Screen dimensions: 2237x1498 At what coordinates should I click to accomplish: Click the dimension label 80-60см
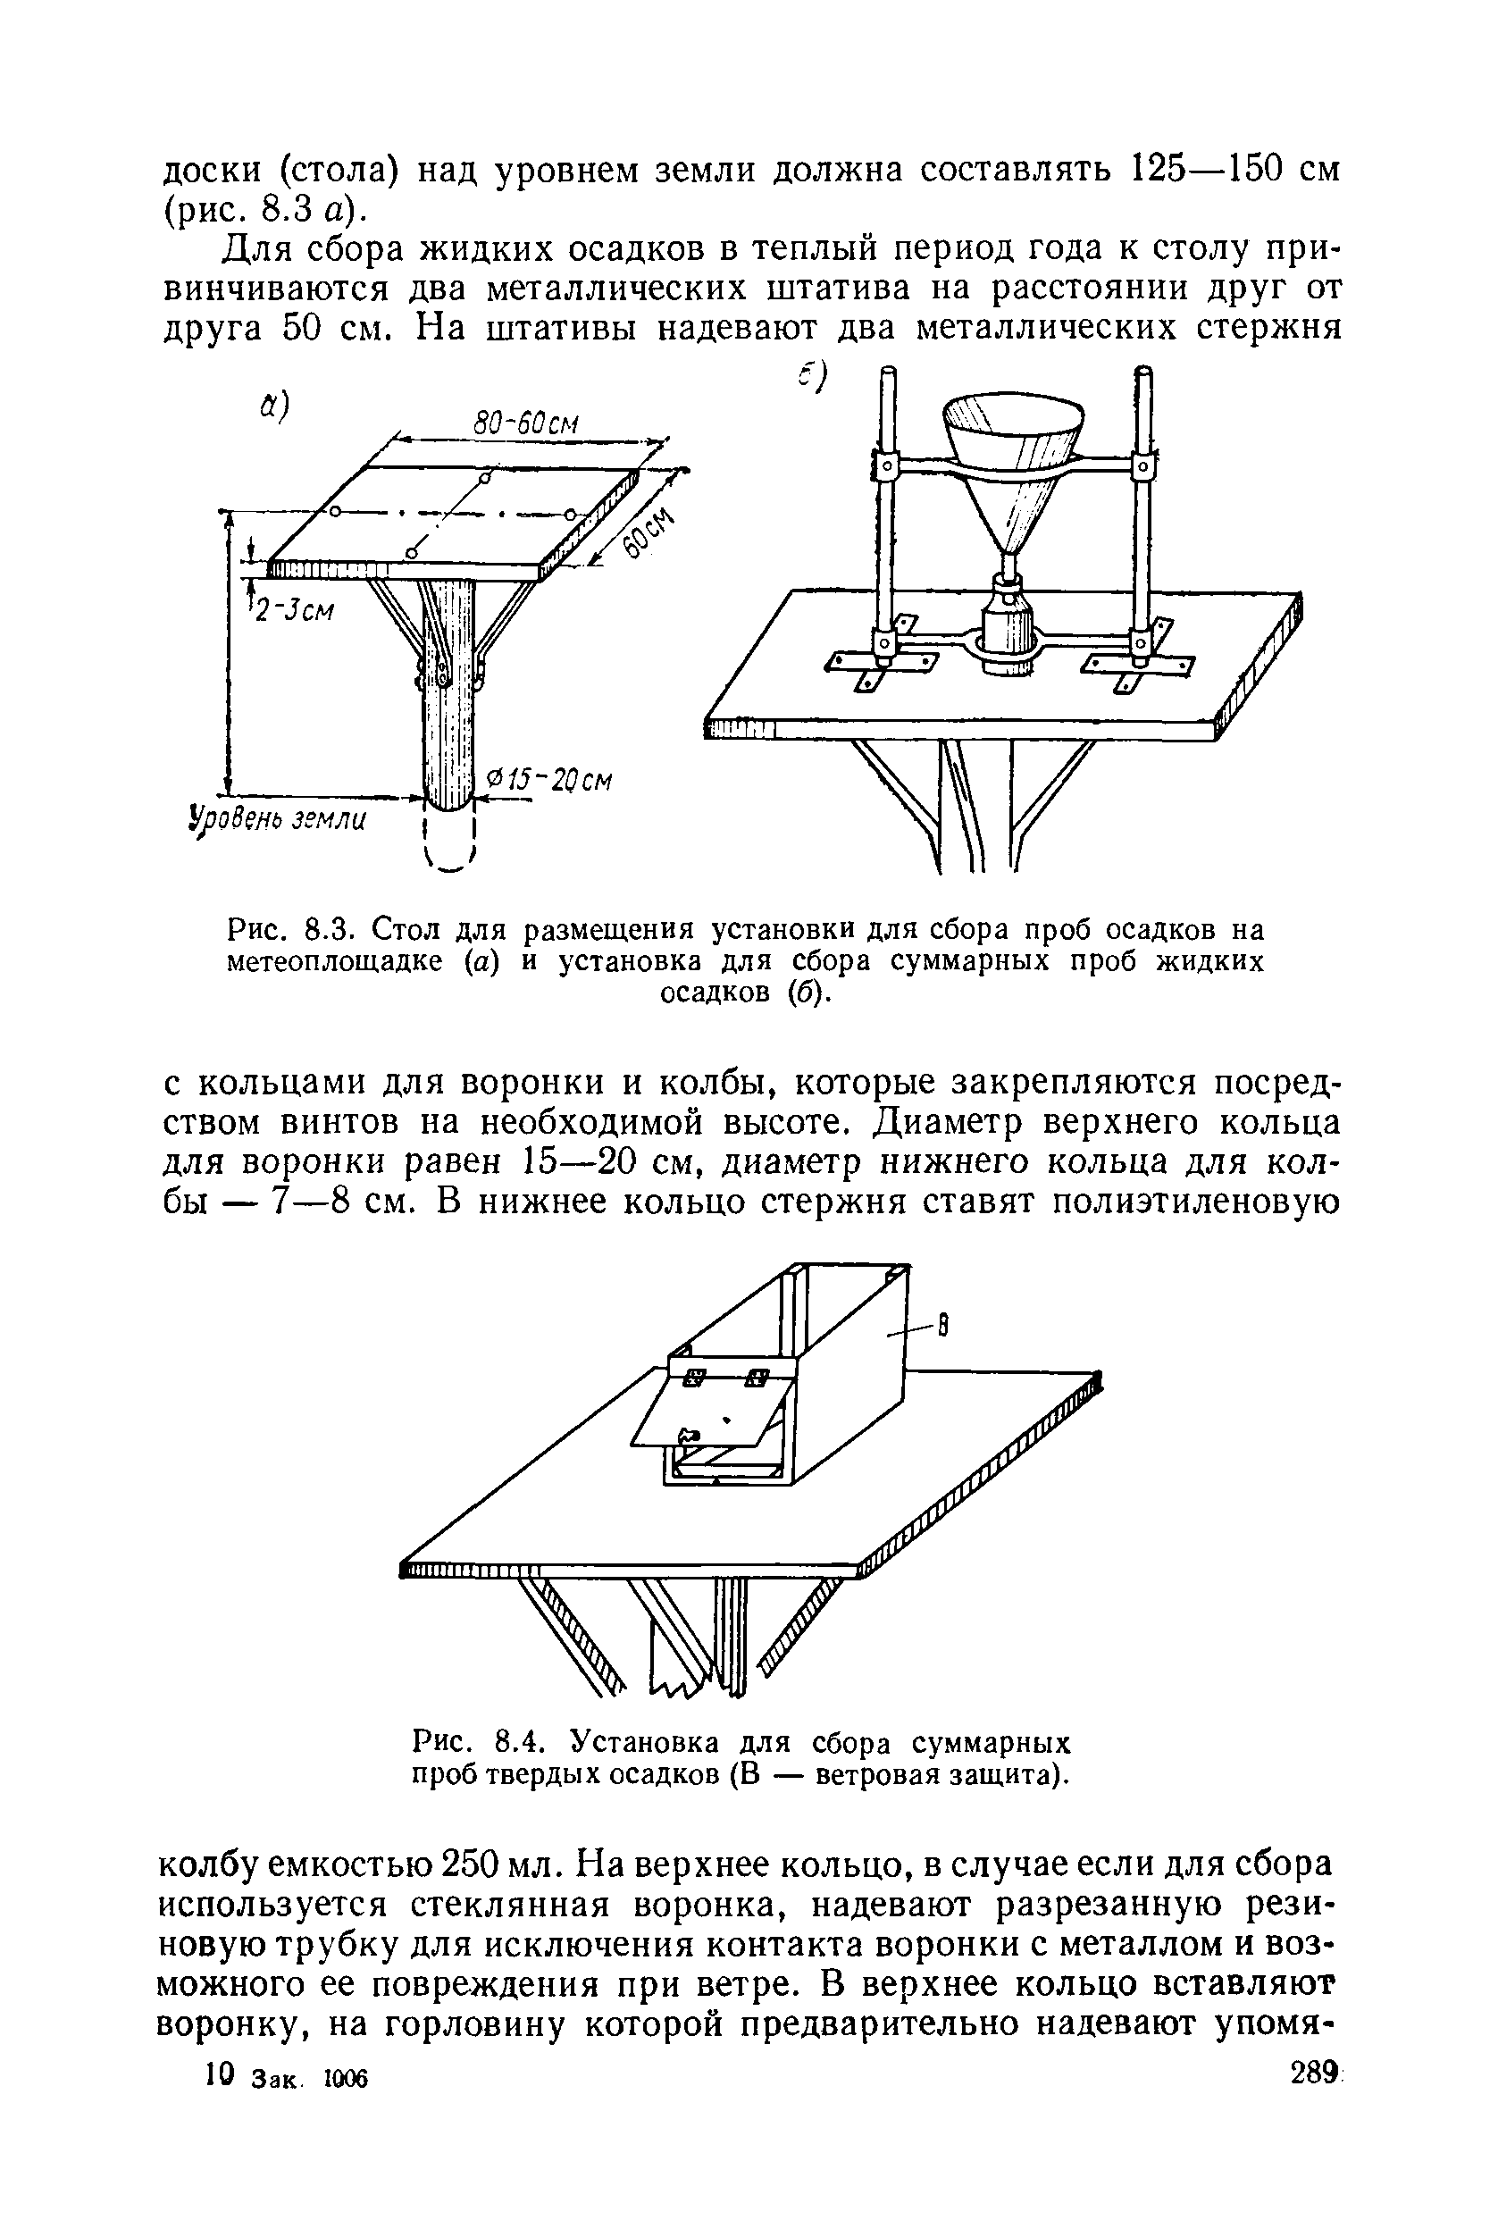coord(528,422)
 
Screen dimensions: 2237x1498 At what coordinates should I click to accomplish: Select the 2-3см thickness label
coord(292,607)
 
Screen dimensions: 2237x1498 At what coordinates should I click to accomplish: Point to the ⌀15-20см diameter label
coord(548,781)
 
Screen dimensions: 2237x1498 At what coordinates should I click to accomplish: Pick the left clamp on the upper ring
coord(885,467)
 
